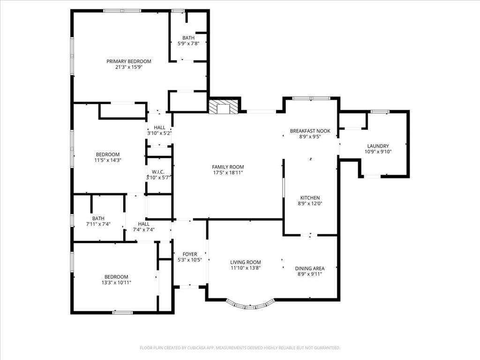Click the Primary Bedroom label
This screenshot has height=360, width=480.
[129, 61]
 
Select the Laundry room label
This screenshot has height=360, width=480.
[378, 146]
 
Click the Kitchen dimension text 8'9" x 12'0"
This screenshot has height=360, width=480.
[310, 203]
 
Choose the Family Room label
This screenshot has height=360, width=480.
[228, 167]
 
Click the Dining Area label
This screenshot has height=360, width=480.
[309, 269]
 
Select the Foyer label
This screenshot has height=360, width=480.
[190, 254]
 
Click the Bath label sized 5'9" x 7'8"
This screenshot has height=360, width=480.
[188, 38]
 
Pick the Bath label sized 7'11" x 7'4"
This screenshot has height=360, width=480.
[98, 218]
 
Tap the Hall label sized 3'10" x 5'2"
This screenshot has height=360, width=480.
[159, 127]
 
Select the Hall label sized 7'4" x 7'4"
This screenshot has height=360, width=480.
[143, 224]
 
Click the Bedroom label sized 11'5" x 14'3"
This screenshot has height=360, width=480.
[108, 155]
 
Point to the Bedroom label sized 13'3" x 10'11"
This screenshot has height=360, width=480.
[116, 277]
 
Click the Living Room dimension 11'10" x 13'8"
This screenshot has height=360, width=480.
[245, 268]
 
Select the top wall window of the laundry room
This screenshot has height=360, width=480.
[380, 112]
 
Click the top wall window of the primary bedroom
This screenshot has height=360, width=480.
[122, 11]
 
